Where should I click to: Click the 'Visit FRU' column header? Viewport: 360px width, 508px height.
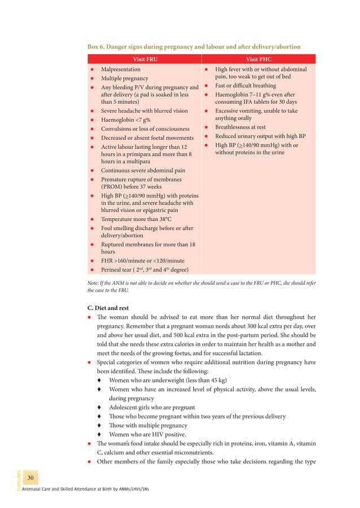144,59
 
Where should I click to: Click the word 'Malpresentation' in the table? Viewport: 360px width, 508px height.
121,69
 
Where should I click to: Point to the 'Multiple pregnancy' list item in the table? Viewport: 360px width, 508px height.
125,78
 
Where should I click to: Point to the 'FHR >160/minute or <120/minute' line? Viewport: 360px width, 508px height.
143,261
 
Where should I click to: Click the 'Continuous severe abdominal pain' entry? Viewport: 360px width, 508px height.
143,170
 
